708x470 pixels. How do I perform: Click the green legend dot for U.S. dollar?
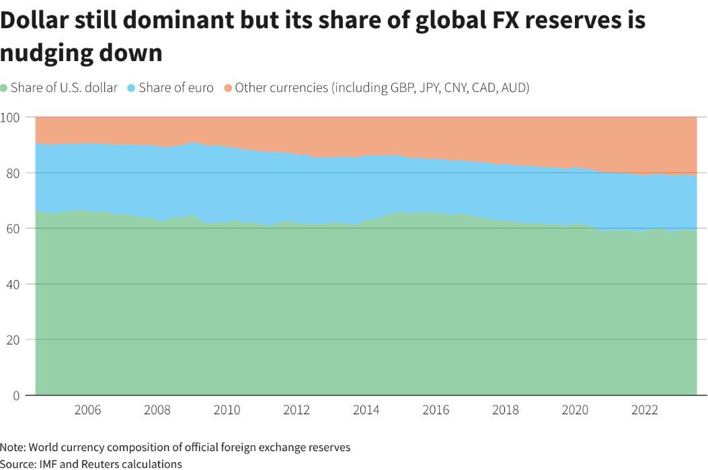(x=5, y=88)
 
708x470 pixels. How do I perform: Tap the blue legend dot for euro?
(x=132, y=88)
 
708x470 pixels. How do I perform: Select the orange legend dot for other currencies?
(x=228, y=88)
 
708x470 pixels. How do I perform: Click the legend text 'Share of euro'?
(x=176, y=88)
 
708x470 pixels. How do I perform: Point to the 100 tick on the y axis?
(x=12, y=117)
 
